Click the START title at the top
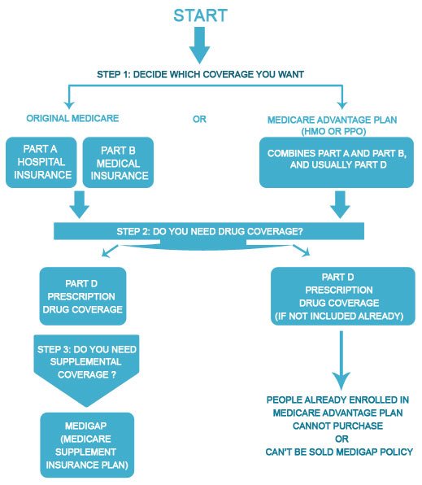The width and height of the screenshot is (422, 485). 200,15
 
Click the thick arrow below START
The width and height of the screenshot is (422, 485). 200,45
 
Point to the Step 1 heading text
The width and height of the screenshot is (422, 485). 200,74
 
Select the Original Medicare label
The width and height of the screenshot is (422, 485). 72,118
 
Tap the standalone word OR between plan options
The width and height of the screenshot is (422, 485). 199,119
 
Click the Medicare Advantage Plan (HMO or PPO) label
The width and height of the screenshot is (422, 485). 333,125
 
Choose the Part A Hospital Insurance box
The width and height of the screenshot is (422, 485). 41,163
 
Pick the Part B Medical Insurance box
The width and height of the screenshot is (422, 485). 118,163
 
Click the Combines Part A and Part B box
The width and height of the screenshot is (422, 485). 337,163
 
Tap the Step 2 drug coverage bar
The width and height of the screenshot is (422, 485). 209,231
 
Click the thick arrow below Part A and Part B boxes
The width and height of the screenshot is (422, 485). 80,204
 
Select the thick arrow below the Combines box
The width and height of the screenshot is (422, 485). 340,204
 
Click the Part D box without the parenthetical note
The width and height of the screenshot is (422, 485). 83,296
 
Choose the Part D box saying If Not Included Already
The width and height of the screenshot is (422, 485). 343,296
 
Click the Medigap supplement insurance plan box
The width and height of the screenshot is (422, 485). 87,445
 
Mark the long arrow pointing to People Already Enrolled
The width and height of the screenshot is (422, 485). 342,360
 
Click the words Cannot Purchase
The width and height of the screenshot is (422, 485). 337,426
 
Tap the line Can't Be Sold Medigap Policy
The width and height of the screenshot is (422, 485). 339,452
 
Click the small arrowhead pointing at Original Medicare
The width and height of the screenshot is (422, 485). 69,104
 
